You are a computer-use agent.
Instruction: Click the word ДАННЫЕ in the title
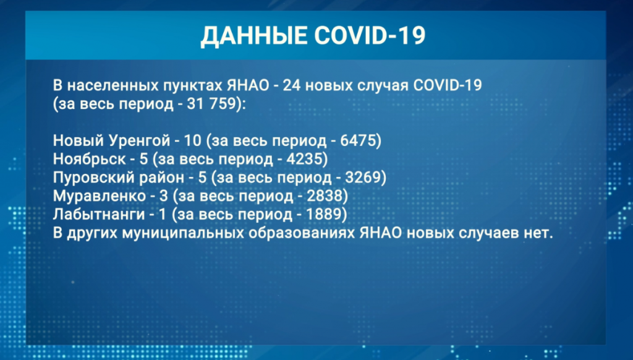(254, 35)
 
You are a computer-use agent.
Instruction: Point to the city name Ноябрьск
(89, 160)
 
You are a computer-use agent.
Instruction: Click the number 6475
(359, 140)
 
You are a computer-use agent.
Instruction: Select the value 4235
(305, 159)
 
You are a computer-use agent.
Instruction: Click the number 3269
(363, 178)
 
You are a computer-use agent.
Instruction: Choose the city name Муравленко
(100, 196)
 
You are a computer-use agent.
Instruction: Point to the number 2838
(325, 196)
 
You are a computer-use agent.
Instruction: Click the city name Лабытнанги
(99, 215)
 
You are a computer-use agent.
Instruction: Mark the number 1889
(324, 214)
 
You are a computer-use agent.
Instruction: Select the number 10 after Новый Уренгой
(193, 140)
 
